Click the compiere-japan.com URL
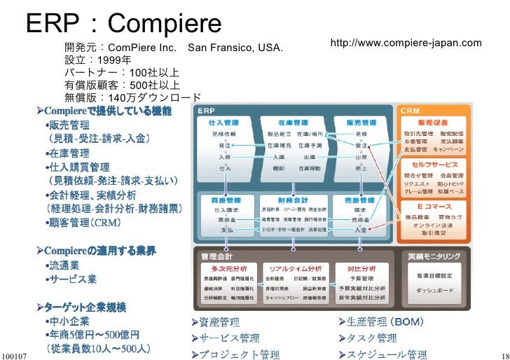[x=406, y=43]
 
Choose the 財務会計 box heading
[x=293, y=200]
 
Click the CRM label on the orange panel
[x=411, y=111]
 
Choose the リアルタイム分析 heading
[x=293, y=268]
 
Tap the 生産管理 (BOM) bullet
[x=382, y=322]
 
